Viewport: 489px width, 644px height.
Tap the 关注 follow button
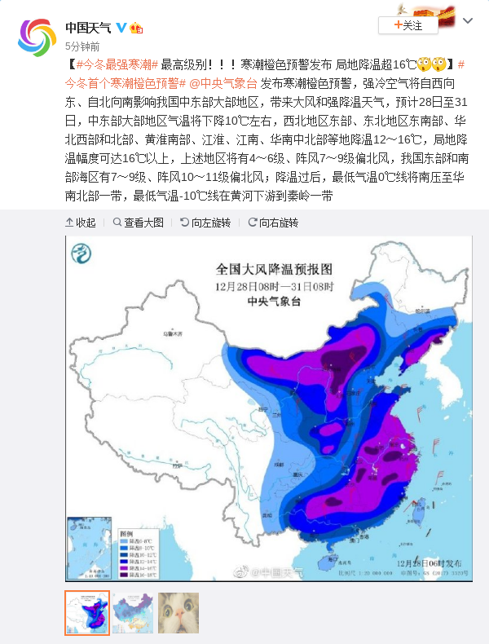[x=407, y=25]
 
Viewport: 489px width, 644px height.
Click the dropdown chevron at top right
[x=469, y=20]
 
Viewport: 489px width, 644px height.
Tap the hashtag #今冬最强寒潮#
[x=117, y=64]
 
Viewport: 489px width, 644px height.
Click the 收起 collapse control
[x=81, y=223]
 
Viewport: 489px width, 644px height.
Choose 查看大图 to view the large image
[x=139, y=223]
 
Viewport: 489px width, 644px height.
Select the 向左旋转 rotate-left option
[x=205, y=223]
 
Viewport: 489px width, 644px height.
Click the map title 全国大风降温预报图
[x=275, y=269]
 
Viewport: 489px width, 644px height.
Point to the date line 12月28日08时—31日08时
[x=275, y=285]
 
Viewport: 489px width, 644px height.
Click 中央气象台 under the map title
[x=275, y=301]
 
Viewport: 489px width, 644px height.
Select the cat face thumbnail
[x=178, y=612]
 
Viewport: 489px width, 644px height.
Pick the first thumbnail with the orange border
[x=87, y=612]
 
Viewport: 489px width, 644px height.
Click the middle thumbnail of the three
[x=133, y=612]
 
